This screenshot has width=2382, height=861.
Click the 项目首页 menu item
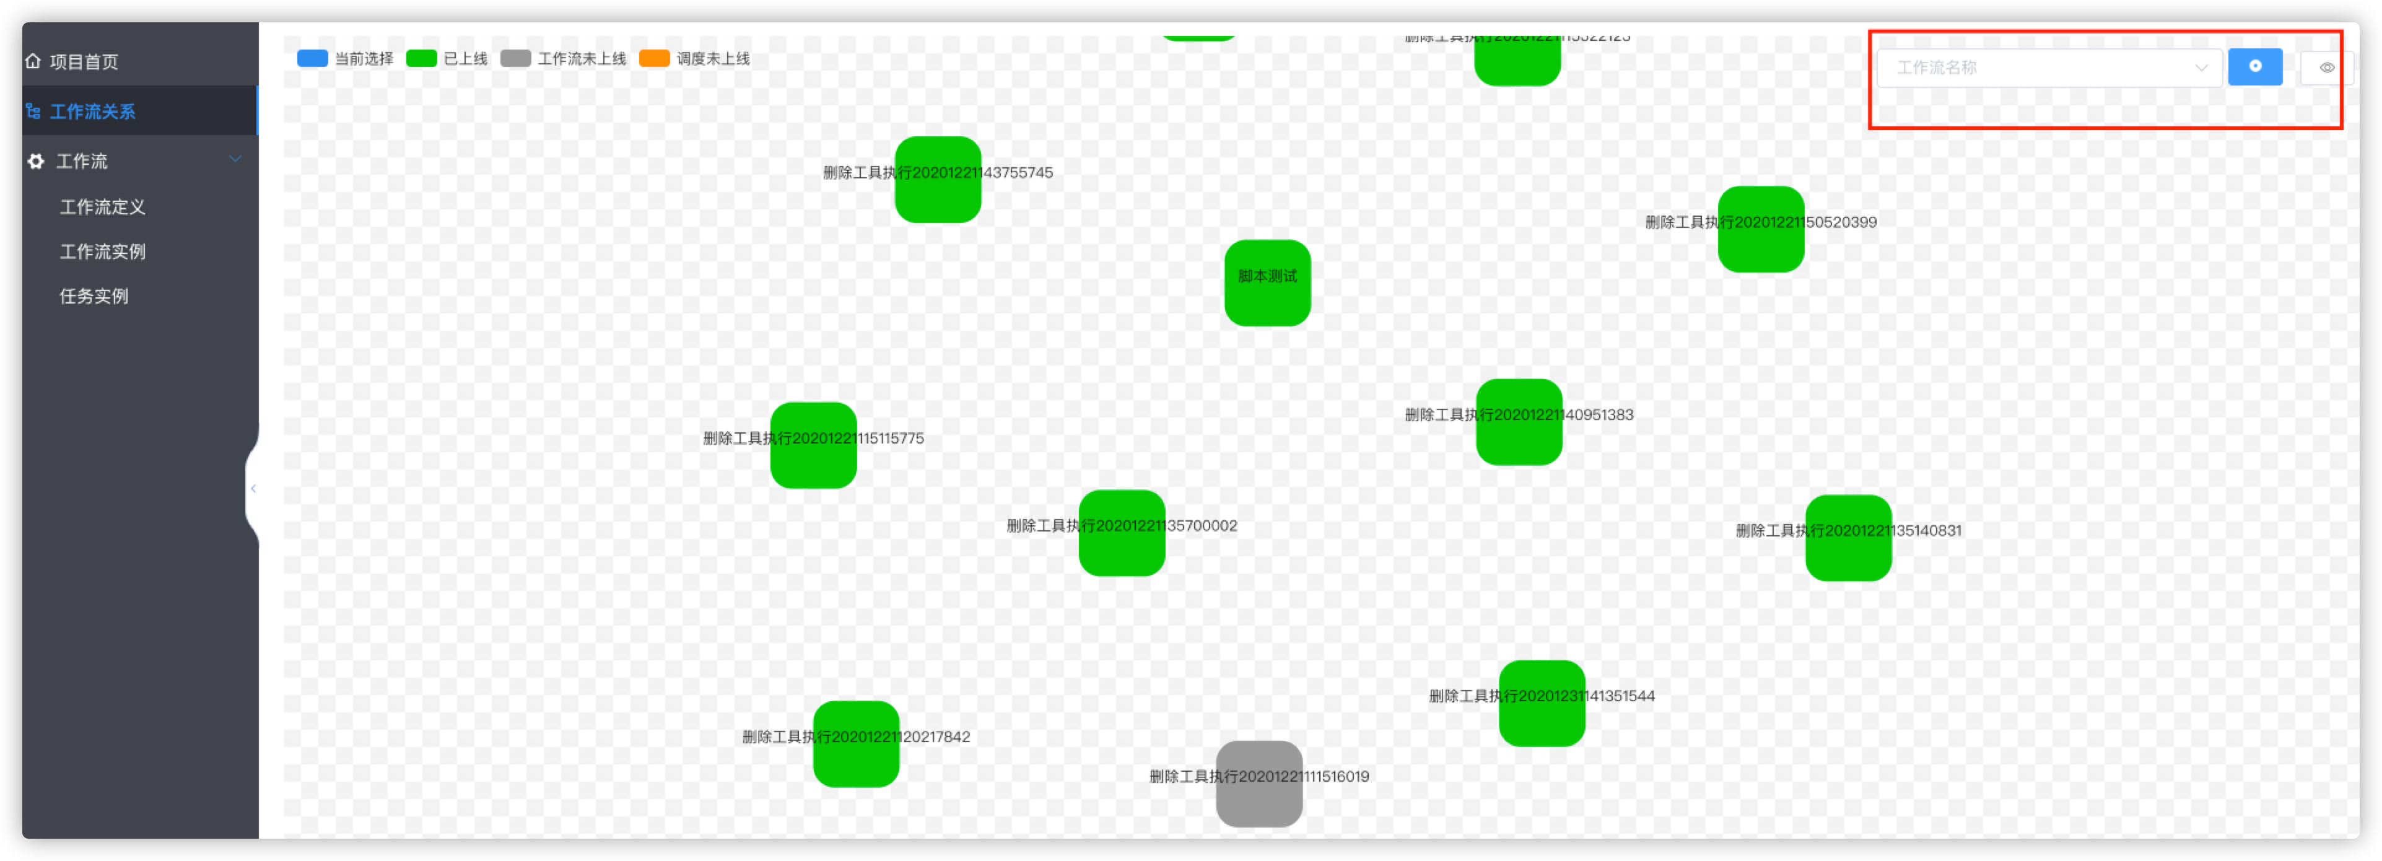pos(83,62)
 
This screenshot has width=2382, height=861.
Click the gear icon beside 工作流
pos(36,162)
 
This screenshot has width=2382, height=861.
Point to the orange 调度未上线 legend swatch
pos(654,58)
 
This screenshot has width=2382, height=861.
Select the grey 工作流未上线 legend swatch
pos(515,58)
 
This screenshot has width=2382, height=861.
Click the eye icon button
pos(2326,68)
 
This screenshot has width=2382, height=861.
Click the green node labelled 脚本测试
pos(1267,283)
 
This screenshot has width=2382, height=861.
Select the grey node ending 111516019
pos(1259,784)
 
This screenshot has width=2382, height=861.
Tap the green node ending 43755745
pos(938,180)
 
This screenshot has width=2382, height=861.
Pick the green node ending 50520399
pos(1761,229)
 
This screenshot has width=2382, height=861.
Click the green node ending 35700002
pos(1122,533)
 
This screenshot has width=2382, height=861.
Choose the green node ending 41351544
pos(1542,703)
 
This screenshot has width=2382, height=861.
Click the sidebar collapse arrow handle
pos(253,488)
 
